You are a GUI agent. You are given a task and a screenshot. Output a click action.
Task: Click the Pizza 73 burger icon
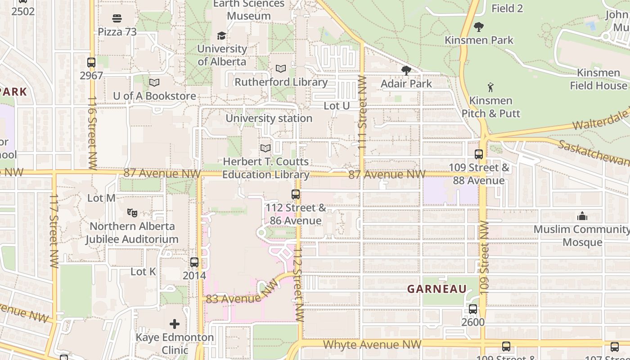click(x=117, y=18)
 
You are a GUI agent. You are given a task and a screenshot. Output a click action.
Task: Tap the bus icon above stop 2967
click(x=91, y=63)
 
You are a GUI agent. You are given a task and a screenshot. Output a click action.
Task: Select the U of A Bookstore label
click(x=154, y=96)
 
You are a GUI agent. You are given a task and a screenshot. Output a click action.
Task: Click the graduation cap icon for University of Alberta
click(x=221, y=36)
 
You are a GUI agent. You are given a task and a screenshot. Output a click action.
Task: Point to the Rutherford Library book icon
click(x=281, y=69)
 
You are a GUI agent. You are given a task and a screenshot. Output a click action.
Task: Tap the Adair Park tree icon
click(x=406, y=70)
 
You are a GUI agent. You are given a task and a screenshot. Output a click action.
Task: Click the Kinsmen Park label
click(x=479, y=40)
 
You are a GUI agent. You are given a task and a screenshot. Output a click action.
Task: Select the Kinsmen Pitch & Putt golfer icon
click(x=490, y=87)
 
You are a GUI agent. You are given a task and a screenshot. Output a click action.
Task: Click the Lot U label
click(x=337, y=106)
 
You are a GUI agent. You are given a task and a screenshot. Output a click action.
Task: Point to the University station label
click(x=269, y=118)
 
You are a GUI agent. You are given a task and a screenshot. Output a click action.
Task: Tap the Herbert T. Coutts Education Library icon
click(x=265, y=148)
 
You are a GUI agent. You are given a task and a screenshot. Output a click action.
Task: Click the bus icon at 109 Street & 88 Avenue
click(x=479, y=154)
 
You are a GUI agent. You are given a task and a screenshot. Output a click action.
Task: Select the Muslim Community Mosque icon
click(x=582, y=216)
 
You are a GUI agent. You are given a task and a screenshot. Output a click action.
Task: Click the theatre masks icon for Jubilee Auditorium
click(x=132, y=212)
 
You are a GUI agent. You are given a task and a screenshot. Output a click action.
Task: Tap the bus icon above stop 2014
click(x=194, y=262)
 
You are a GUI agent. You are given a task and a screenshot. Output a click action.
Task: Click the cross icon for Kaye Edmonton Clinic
click(x=175, y=324)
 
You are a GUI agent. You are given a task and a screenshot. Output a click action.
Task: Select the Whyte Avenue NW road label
click(x=372, y=345)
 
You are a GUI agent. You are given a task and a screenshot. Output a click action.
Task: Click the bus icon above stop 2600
click(x=473, y=309)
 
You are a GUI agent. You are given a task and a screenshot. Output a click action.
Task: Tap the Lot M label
click(x=101, y=198)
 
